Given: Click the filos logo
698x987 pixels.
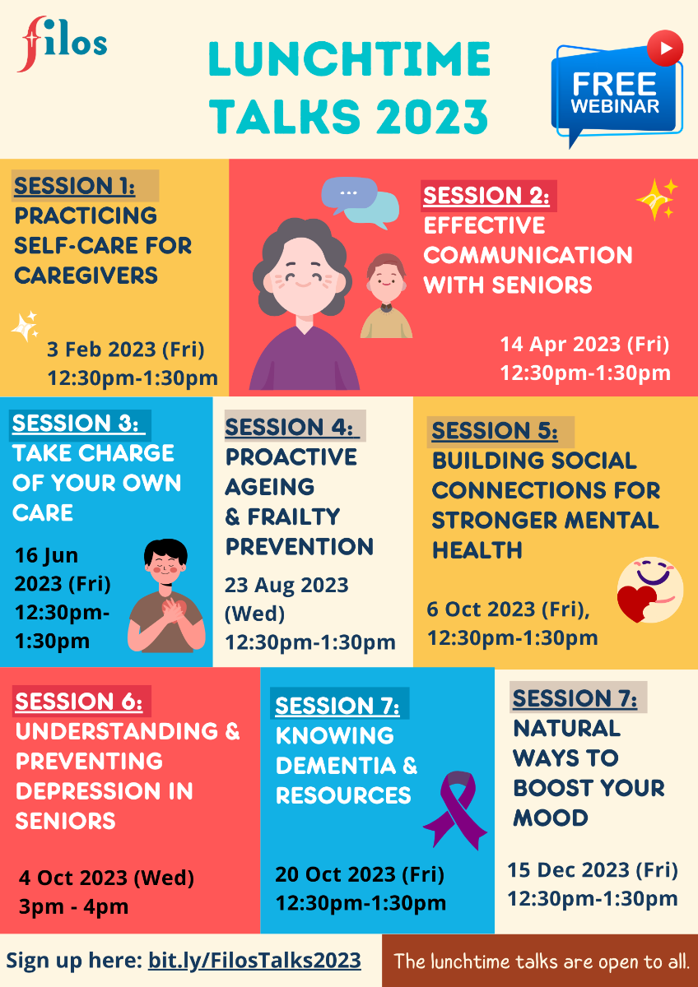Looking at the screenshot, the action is (x=62, y=44).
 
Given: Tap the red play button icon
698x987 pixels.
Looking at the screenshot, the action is (x=665, y=48).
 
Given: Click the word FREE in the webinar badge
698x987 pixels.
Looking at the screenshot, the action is (x=614, y=84).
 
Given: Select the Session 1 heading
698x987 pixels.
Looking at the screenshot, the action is (x=74, y=186).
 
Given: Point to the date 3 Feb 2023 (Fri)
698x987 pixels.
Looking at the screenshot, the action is (x=126, y=350).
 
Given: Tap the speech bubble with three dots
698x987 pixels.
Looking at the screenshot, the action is (x=349, y=193).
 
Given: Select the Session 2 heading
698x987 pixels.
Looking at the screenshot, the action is (x=486, y=196).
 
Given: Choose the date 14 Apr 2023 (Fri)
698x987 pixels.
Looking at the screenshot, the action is (x=584, y=344).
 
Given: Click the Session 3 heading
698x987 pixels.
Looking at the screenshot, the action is (x=76, y=424).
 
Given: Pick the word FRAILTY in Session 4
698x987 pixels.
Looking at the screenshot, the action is (x=293, y=517).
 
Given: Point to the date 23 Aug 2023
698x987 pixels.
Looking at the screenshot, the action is (x=286, y=585).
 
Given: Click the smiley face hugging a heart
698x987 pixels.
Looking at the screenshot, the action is (x=650, y=590).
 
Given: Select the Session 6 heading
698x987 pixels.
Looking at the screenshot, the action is (x=79, y=702).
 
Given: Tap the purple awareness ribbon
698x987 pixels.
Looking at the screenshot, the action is (x=455, y=810).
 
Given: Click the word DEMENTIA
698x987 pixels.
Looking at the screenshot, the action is (x=336, y=766).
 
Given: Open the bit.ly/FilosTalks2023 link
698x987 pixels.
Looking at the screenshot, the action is (x=254, y=961).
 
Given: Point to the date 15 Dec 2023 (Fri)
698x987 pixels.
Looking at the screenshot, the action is (x=593, y=870).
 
